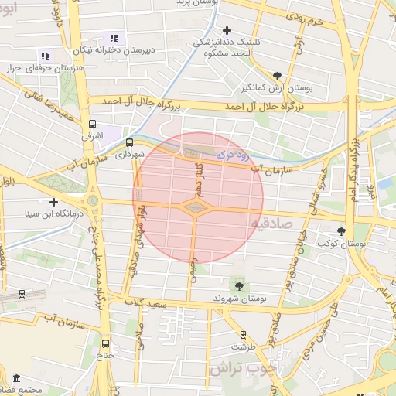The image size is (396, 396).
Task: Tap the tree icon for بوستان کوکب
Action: point(341,231)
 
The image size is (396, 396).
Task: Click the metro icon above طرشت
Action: point(244,335)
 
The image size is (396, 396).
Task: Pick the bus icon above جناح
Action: point(105,344)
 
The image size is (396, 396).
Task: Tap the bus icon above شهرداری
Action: point(128,142)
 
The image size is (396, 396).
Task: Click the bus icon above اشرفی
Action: point(93,124)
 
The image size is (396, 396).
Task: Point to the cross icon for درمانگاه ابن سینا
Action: point(53,202)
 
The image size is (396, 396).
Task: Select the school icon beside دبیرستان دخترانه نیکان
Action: point(114,38)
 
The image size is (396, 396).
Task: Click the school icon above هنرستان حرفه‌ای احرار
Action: point(45,56)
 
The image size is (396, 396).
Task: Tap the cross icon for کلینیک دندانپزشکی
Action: point(226,30)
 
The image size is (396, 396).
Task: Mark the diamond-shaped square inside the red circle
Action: point(194,207)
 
